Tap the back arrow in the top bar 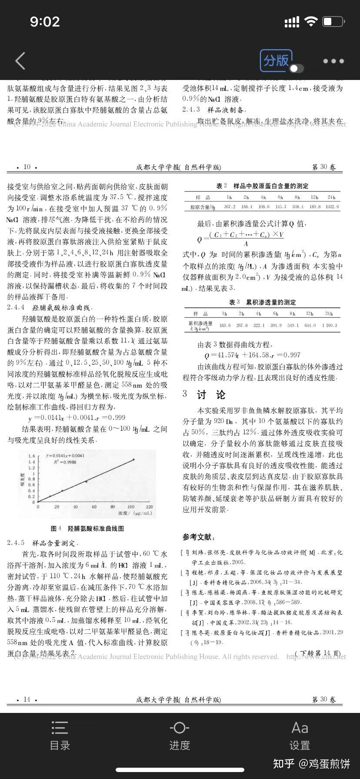point(20,61)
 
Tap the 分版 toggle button point(277,60)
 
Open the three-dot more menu point(333,61)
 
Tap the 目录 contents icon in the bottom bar point(60,735)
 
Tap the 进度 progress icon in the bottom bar point(180,735)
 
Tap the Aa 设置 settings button point(300,735)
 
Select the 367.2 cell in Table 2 point(230,207)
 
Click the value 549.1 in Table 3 point(293,325)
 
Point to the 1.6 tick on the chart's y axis point(31,456)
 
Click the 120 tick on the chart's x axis point(149,507)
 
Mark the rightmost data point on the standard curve point(133,459)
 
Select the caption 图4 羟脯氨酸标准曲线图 point(87,528)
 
